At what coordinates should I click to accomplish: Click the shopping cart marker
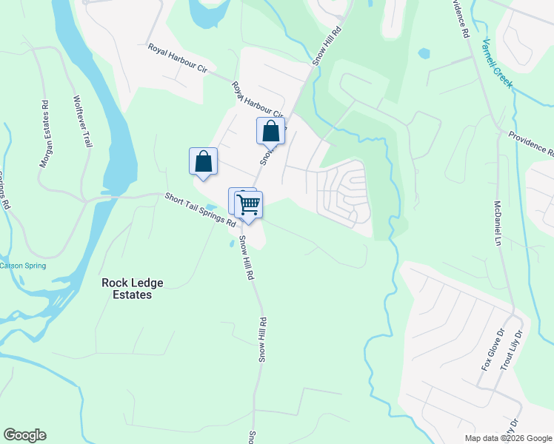point(250,204)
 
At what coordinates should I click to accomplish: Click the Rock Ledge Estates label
point(133,289)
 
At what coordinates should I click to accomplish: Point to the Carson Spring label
point(23,266)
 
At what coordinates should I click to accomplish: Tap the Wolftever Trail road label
point(82,121)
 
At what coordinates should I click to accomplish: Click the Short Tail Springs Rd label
point(199,209)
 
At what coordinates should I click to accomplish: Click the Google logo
point(24,435)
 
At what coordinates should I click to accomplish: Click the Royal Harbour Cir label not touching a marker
point(178,58)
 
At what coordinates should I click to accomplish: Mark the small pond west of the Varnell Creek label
point(423,54)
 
